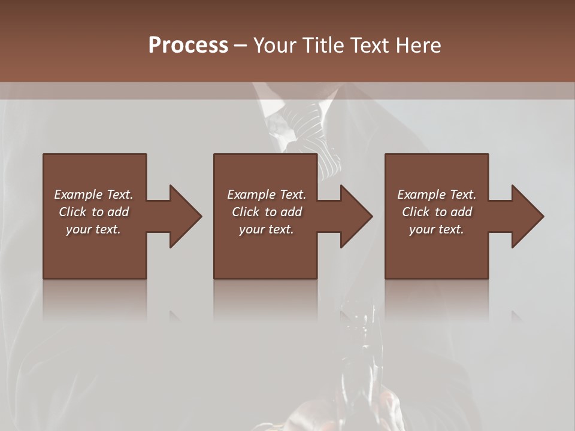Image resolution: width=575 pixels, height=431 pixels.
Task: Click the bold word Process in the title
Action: pos(188,45)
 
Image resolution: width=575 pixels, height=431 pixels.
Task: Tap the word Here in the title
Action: pos(419,45)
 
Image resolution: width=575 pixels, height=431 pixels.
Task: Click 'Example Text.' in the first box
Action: pos(93,195)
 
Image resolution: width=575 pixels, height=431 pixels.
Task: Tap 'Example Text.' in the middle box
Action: pos(267,195)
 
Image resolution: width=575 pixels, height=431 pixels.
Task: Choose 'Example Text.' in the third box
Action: pos(437,195)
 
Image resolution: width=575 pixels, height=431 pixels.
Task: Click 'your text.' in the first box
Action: pos(93,229)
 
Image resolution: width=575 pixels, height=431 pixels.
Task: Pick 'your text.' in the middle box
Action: pos(267,229)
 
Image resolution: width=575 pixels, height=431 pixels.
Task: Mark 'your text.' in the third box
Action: pos(437,229)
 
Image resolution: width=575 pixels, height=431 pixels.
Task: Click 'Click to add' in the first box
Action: pos(93,212)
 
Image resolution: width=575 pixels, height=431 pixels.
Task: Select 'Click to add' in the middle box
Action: pos(267,212)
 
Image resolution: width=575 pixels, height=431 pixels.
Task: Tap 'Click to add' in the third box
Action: pos(437,212)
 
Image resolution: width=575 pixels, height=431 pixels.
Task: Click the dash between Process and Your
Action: pos(240,46)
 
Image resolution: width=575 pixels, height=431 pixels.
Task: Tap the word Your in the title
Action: pos(273,45)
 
